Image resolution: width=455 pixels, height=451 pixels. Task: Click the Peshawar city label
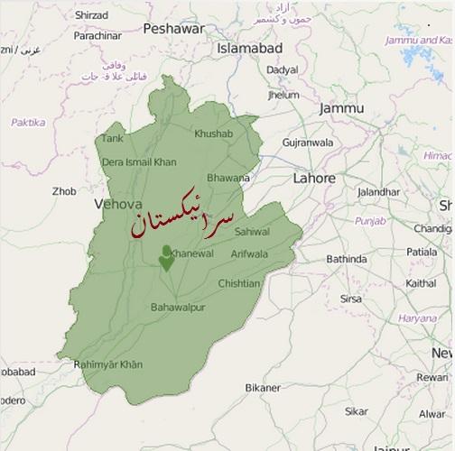pyautogui.click(x=173, y=29)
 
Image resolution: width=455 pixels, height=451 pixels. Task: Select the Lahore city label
pyautogui.click(x=313, y=179)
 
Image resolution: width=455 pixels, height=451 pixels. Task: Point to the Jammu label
pyautogui.click(x=341, y=108)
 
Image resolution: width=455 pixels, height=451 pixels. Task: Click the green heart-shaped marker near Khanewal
pyautogui.click(x=166, y=258)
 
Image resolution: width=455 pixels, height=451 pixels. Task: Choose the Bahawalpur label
pyautogui.click(x=178, y=308)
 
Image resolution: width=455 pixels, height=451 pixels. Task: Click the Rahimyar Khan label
pyautogui.click(x=108, y=364)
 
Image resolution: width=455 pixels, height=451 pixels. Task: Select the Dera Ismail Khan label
pyautogui.click(x=139, y=161)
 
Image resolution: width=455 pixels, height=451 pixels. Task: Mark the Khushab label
pyautogui.click(x=213, y=134)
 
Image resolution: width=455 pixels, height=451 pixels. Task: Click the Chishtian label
pyautogui.click(x=238, y=283)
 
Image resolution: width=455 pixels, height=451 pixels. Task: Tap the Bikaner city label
pyautogui.click(x=263, y=388)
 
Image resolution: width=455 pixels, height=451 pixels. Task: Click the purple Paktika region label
pyautogui.click(x=28, y=122)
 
